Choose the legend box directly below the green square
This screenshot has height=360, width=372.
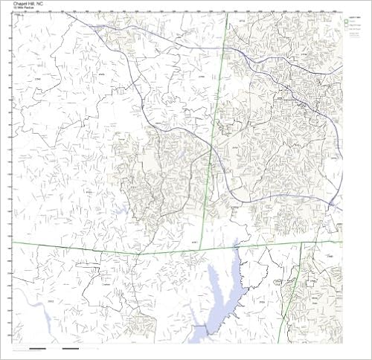pos(346,27)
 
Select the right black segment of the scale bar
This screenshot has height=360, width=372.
pos(71,348)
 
